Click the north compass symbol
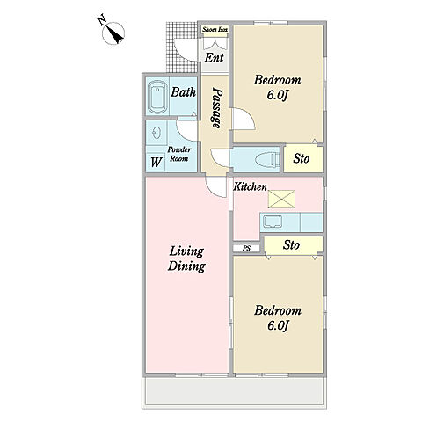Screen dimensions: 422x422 pos(113,32)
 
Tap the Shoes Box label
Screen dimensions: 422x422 pos(215,30)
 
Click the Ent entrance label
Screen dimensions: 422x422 pos(214,58)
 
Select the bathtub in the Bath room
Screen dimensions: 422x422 pos(157,97)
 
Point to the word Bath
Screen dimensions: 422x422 pos(183,92)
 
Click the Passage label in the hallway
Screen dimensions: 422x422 pos(217,107)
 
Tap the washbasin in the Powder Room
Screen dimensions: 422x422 pos(156,134)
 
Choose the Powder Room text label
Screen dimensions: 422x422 pos(179,154)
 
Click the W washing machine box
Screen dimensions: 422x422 pos(156,162)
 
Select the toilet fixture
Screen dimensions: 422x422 pos(267,160)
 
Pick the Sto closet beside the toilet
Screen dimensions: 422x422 pos(303,158)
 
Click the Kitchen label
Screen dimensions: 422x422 pos(250,186)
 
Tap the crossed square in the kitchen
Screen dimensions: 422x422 pos(281,199)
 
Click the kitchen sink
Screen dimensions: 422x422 pos(273,222)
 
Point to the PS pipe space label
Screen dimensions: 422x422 pos(247,248)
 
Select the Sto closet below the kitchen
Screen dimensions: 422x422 pos(293,244)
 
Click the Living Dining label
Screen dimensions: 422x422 pos(186,259)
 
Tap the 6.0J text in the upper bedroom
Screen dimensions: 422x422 pos(277,95)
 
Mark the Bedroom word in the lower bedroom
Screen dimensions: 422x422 pos(278,310)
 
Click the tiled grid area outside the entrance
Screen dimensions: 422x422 pos(182,47)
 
